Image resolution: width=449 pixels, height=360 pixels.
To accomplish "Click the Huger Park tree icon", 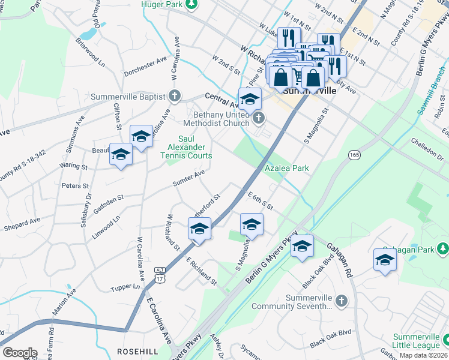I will pos(191,5).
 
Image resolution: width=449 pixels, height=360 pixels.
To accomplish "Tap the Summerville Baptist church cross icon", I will pos(174,96).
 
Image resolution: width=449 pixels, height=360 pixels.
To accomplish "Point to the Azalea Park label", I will pos(287,169).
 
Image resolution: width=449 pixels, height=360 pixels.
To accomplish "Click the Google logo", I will pos(20,353).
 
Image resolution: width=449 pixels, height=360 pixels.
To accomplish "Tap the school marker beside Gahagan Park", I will pos(385,259).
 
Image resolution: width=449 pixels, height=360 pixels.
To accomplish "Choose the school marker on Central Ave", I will pos(250,99).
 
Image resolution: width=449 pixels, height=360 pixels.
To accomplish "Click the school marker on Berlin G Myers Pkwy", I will pos(303,245).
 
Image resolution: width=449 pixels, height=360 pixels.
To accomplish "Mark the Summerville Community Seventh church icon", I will pos(340,300).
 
